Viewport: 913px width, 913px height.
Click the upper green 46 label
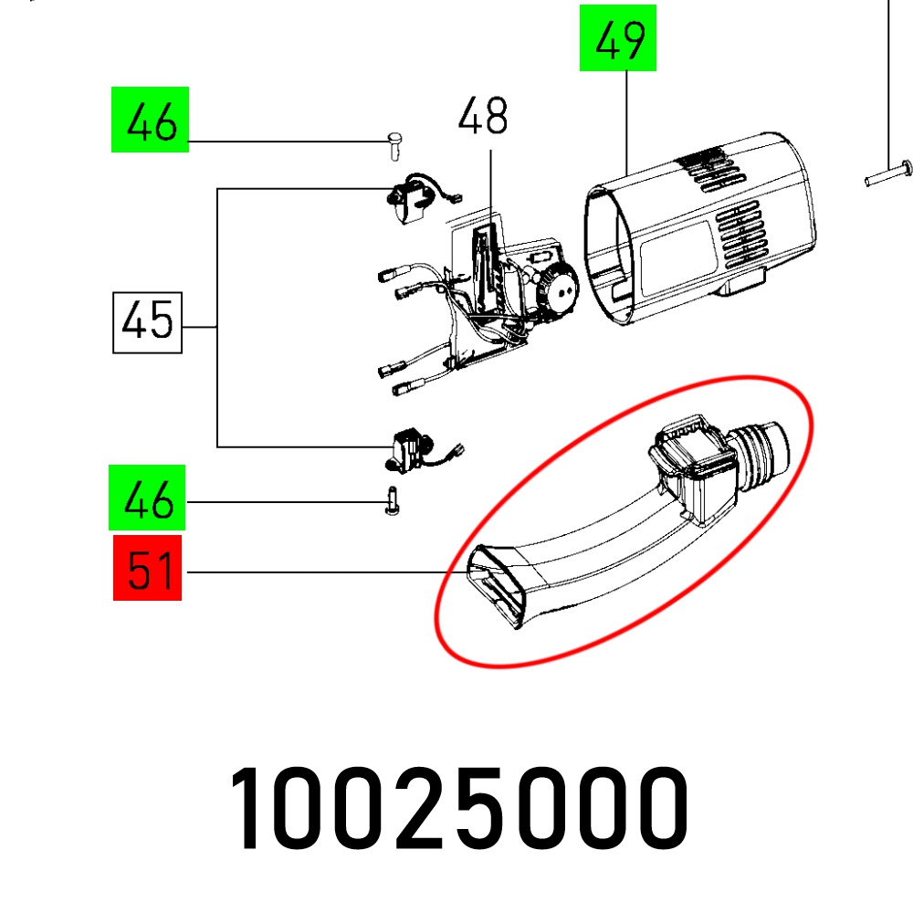pos(150,120)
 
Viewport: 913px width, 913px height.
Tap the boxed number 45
pos(147,322)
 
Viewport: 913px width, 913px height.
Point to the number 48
pos(483,118)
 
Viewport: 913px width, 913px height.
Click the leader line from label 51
pos(320,572)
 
